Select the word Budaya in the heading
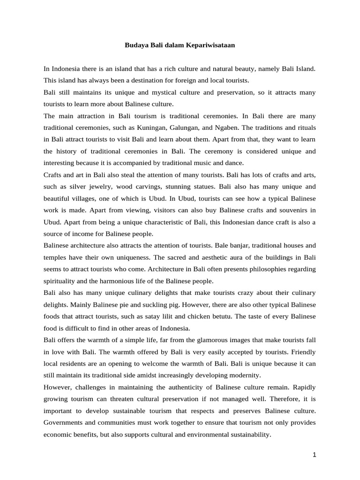(135, 45)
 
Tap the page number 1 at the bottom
(315, 454)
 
